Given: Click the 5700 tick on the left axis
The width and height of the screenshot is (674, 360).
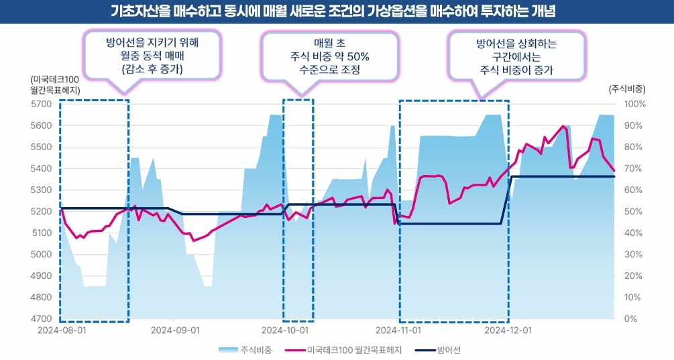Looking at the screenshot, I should [40, 104].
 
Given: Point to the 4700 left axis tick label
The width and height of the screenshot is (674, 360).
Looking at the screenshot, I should [40, 318].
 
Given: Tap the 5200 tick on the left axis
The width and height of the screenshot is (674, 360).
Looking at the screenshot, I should [40, 211].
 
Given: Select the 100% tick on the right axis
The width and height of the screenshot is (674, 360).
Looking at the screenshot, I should [634, 104].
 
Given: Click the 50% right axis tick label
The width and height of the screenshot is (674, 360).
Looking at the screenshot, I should [634, 211].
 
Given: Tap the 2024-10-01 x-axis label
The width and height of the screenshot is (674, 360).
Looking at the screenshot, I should [284, 331].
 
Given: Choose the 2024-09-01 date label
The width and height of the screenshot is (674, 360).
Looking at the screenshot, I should [175, 331].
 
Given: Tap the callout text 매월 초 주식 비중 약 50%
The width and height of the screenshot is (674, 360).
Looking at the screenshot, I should [331, 56].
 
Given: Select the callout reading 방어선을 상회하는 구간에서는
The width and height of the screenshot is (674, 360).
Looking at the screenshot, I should [516, 56].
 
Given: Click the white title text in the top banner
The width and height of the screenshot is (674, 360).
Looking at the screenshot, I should [337, 12].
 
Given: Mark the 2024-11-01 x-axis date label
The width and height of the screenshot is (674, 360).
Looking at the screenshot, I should [398, 331].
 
